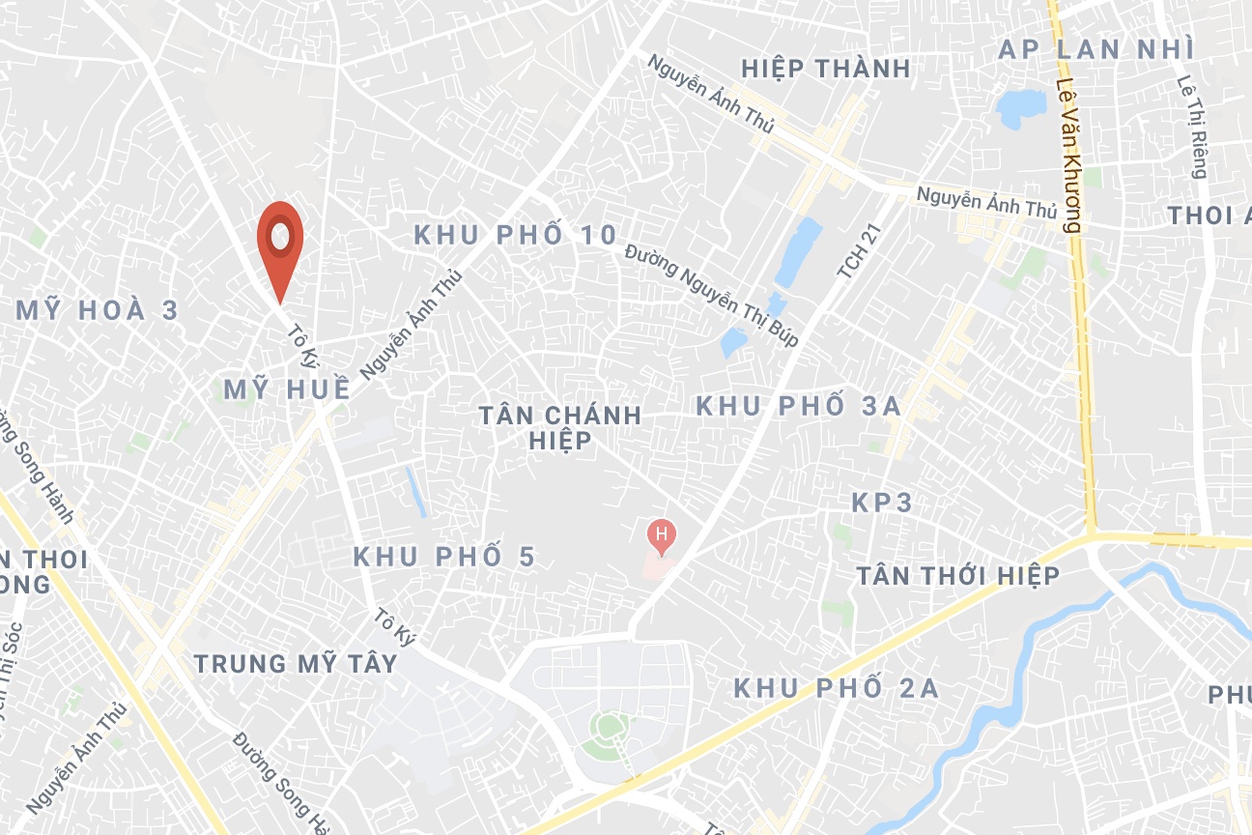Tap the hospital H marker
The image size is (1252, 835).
point(661,534)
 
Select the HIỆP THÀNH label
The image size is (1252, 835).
point(826,69)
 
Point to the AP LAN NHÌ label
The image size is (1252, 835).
point(1096,49)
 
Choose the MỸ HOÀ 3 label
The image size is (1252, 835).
point(99,310)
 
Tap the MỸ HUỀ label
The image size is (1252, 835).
point(287,389)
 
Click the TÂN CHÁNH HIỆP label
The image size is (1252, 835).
point(560,427)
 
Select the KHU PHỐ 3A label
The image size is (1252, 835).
point(799,406)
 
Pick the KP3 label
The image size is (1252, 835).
point(882,503)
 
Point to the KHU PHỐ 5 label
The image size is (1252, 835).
point(443,557)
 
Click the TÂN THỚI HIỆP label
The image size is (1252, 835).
point(958,576)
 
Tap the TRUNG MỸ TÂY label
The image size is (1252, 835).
point(296,664)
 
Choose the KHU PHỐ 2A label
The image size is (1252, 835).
point(836,688)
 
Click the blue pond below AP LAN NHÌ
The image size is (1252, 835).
point(1021,108)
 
